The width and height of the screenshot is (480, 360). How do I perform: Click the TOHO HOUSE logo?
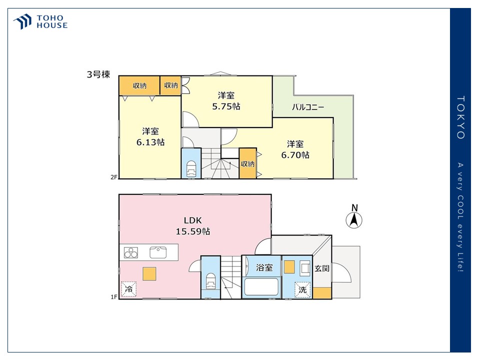pos(40,21)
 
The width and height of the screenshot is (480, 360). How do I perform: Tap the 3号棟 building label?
pos(98,74)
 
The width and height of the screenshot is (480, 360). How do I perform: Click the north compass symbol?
pos(354,216)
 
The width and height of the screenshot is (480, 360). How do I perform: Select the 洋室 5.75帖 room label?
pos(226,100)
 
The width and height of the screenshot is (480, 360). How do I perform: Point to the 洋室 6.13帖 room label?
pos(150,136)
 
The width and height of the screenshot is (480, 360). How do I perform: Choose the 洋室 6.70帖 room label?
pos(295,149)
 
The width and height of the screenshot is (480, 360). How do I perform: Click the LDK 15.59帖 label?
pos(193,225)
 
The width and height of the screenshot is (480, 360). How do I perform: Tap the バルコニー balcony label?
pos(307,107)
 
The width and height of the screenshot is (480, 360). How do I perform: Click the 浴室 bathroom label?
pos(264,267)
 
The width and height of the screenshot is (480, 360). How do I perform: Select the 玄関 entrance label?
pos(322,268)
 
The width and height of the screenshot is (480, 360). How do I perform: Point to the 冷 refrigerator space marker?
pos(129,289)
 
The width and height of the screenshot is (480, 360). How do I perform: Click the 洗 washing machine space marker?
pos(302,289)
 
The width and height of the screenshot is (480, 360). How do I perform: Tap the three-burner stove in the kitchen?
pos(130,252)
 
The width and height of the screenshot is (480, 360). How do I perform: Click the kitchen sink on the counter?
pos(158,252)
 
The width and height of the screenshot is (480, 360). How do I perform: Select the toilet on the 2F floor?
pos(191,168)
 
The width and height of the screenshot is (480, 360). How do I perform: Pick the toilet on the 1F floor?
pos(210,281)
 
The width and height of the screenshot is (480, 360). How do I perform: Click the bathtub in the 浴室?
pos(261,287)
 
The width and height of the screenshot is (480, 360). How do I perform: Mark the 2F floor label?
pos(114,177)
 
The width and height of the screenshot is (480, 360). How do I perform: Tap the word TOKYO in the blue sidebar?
pos(460,117)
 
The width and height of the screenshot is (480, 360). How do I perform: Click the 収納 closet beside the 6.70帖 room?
pos(247,163)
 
